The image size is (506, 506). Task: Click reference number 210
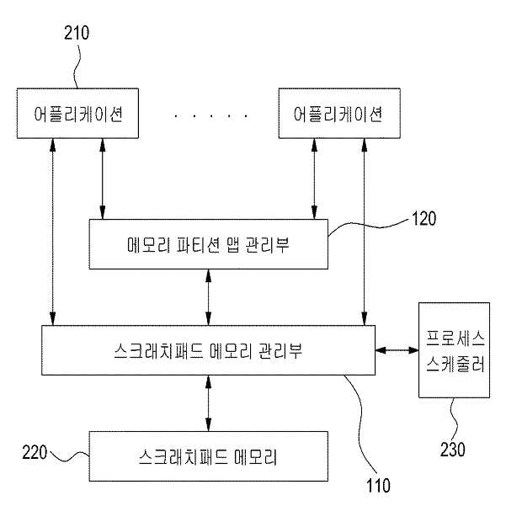pos(77,33)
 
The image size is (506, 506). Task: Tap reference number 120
pos(423,218)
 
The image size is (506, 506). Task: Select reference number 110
pos(378,485)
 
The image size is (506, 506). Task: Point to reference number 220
pos(35,452)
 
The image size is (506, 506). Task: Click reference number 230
pos(452,450)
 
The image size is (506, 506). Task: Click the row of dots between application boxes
pos(211,115)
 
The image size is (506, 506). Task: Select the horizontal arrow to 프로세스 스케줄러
pos(397,350)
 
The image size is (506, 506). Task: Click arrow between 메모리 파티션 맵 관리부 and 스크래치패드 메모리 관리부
pos(209,297)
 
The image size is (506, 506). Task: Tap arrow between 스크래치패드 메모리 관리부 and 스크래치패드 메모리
pos(209,403)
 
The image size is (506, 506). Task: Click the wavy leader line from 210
pos(76,67)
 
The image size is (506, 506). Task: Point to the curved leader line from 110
pos(360,419)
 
